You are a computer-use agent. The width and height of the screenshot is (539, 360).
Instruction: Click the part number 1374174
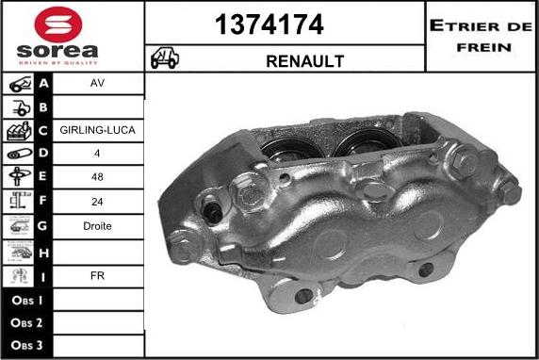[x=269, y=25]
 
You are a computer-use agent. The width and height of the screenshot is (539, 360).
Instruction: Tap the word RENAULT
[x=305, y=61]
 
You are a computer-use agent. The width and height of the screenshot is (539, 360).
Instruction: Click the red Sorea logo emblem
[x=58, y=25]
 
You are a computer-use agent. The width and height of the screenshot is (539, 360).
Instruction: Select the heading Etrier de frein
[x=482, y=36]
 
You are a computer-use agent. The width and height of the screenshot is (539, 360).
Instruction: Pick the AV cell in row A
[x=97, y=83]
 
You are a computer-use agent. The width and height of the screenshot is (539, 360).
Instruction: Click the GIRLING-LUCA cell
[x=97, y=130]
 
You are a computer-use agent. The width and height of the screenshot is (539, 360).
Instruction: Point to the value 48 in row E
[x=97, y=177]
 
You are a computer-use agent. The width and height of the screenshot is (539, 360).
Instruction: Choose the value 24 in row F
[x=97, y=202]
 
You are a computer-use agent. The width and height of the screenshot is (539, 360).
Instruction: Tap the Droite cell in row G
[x=97, y=226]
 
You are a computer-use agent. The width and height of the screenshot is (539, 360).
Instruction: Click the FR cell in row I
[x=97, y=276]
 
